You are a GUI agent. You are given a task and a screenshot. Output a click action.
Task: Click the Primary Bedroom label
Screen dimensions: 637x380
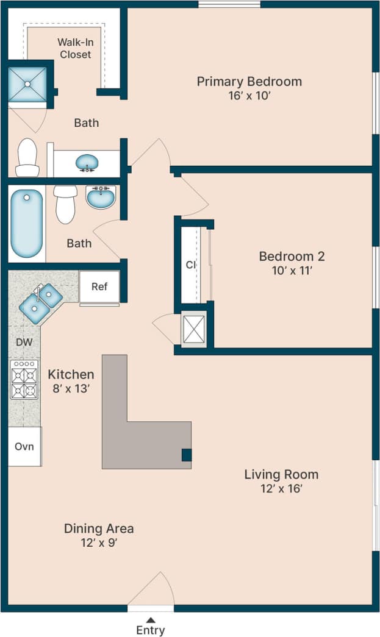[x=249, y=82]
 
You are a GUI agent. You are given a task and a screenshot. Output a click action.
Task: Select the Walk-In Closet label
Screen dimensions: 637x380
[x=75, y=48]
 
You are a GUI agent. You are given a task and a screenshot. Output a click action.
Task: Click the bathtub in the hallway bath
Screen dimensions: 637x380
[x=27, y=223]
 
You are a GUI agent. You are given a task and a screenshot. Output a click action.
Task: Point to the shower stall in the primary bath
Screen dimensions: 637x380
[x=27, y=84]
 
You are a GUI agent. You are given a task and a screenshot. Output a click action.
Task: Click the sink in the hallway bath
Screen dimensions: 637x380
[x=101, y=196]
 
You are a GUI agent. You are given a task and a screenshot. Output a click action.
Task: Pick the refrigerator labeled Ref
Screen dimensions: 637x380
[x=99, y=286]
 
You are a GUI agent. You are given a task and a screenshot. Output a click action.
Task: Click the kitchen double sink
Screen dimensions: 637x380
[x=41, y=303]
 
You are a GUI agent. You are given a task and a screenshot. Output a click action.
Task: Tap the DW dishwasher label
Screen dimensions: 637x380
[x=24, y=342]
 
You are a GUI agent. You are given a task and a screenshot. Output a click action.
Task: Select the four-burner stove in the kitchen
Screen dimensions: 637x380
[x=24, y=379]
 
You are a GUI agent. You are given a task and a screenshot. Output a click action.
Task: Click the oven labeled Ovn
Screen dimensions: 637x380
[x=24, y=446]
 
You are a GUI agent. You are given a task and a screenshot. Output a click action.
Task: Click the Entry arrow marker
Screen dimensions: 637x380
[x=150, y=620]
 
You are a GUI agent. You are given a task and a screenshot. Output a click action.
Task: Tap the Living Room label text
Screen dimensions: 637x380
[x=281, y=474]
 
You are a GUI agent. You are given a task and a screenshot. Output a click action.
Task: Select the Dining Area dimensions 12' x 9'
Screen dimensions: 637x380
[x=99, y=543]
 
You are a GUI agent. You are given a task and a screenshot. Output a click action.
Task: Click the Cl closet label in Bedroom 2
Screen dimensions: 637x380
[x=190, y=265]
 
